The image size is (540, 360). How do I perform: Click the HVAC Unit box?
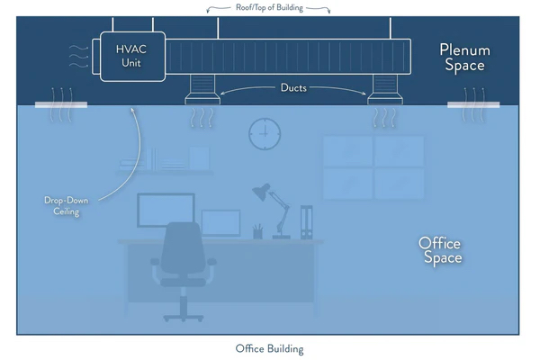(132, 57)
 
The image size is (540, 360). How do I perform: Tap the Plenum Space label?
(465, 58)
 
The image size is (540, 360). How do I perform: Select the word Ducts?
(293, 88)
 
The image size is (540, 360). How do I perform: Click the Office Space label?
(440, 250)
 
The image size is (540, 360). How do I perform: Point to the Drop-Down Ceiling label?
(66, 206)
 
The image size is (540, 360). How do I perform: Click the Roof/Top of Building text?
(269, 7)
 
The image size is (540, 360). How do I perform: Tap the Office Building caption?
(269, 348)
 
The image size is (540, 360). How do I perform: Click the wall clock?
(265, 134)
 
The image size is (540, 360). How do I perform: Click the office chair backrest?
(183, 248)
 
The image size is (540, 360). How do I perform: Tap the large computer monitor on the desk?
(166, 210)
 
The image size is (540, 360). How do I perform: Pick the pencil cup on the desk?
(257, 232)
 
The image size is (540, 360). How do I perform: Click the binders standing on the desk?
(306, 222)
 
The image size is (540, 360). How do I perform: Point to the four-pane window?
(373, 167)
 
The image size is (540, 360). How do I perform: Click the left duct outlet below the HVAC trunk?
(202, 90)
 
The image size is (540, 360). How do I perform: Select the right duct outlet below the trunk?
(385, 90)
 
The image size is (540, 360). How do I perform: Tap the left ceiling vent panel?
(61, 104)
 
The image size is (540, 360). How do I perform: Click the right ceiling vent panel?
(473, 104)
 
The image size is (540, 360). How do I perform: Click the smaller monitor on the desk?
(220, 223)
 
